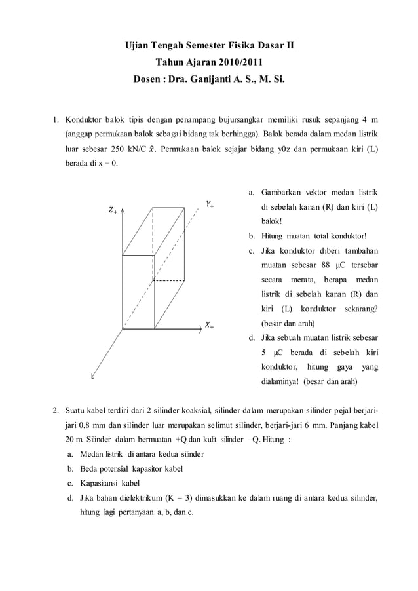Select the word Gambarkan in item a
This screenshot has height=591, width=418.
click(x=282, y=193)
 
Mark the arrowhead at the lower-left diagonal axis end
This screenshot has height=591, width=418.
click(x=92, y=377)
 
